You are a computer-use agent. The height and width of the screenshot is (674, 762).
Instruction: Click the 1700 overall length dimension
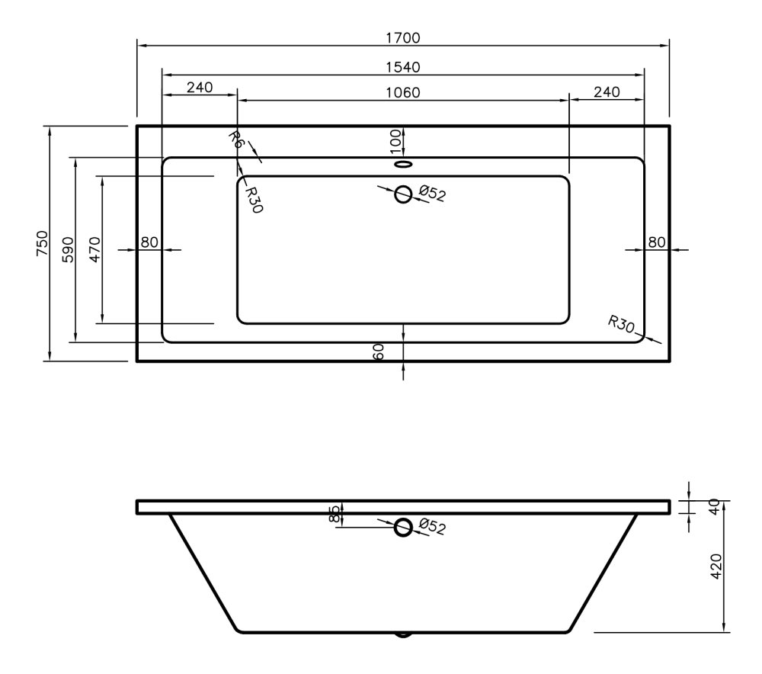403,37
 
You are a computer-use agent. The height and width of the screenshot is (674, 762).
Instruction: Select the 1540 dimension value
403,67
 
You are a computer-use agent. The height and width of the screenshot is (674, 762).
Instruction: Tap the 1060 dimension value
403,92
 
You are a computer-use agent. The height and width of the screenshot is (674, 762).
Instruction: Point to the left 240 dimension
200,87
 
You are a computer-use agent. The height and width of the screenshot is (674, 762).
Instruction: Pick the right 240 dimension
607,92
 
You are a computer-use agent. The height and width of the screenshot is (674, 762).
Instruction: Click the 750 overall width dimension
42,243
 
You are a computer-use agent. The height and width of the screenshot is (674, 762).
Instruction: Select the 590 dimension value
69,249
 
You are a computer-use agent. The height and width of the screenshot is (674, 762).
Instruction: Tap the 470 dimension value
95,249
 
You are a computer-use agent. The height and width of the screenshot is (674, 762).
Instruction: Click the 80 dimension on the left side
149,242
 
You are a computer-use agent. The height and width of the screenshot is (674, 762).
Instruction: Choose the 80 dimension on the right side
657,242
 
